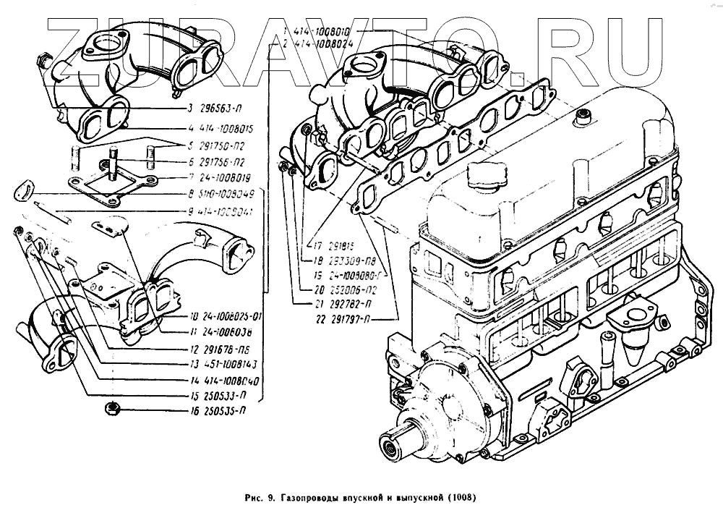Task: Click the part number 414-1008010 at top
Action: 322,32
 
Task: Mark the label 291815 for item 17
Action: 327,244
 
